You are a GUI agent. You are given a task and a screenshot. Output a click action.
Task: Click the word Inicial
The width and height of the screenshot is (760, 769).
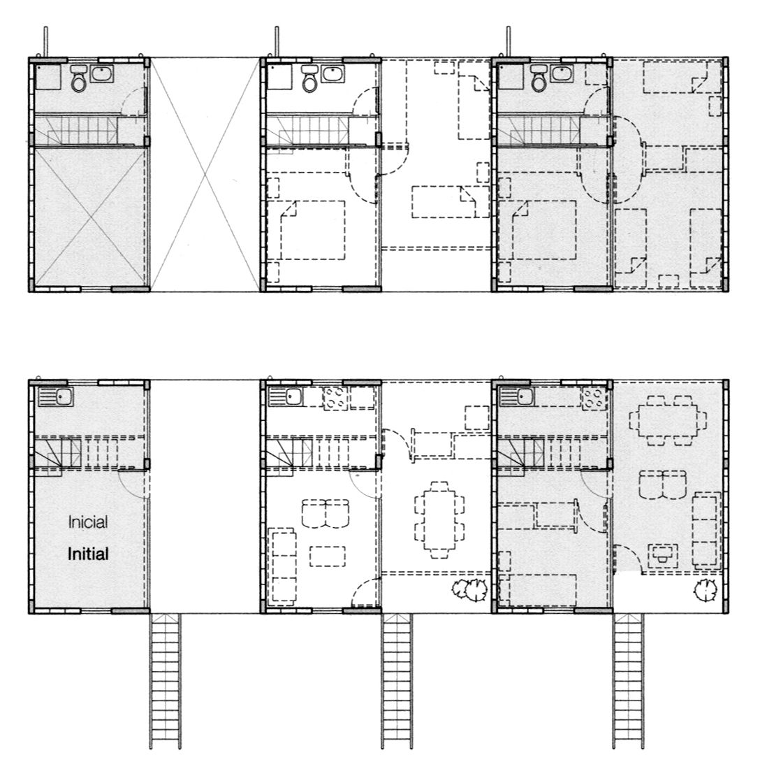[88, 522]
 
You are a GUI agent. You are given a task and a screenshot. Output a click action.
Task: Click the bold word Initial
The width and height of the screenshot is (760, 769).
[88, 554]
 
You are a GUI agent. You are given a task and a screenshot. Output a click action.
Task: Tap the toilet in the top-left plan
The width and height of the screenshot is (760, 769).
[78, 79]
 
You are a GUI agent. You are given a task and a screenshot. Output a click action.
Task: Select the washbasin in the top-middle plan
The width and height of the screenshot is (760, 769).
[333, 74]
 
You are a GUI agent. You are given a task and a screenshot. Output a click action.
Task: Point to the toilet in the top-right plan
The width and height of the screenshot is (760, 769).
[539, 79]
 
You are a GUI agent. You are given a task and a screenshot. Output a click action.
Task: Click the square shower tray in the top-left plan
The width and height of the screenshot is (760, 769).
[48, 77]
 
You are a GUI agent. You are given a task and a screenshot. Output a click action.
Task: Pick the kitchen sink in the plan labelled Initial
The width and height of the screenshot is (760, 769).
[56, 396]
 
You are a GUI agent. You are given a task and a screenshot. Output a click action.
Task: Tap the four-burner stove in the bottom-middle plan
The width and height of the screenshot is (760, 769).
[336, 398]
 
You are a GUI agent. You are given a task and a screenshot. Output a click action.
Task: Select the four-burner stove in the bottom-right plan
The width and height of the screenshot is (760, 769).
[594, 398]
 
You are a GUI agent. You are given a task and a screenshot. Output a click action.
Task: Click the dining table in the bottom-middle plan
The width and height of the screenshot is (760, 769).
[439, 520]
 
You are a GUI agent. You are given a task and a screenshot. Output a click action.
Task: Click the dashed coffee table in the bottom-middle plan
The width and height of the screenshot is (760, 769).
[328, 556]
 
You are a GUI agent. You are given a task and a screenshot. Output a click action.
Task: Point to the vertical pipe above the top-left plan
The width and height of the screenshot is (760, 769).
[45, 42]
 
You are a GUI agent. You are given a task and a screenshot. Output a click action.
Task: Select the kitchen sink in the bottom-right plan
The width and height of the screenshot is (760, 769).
[517, 396]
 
